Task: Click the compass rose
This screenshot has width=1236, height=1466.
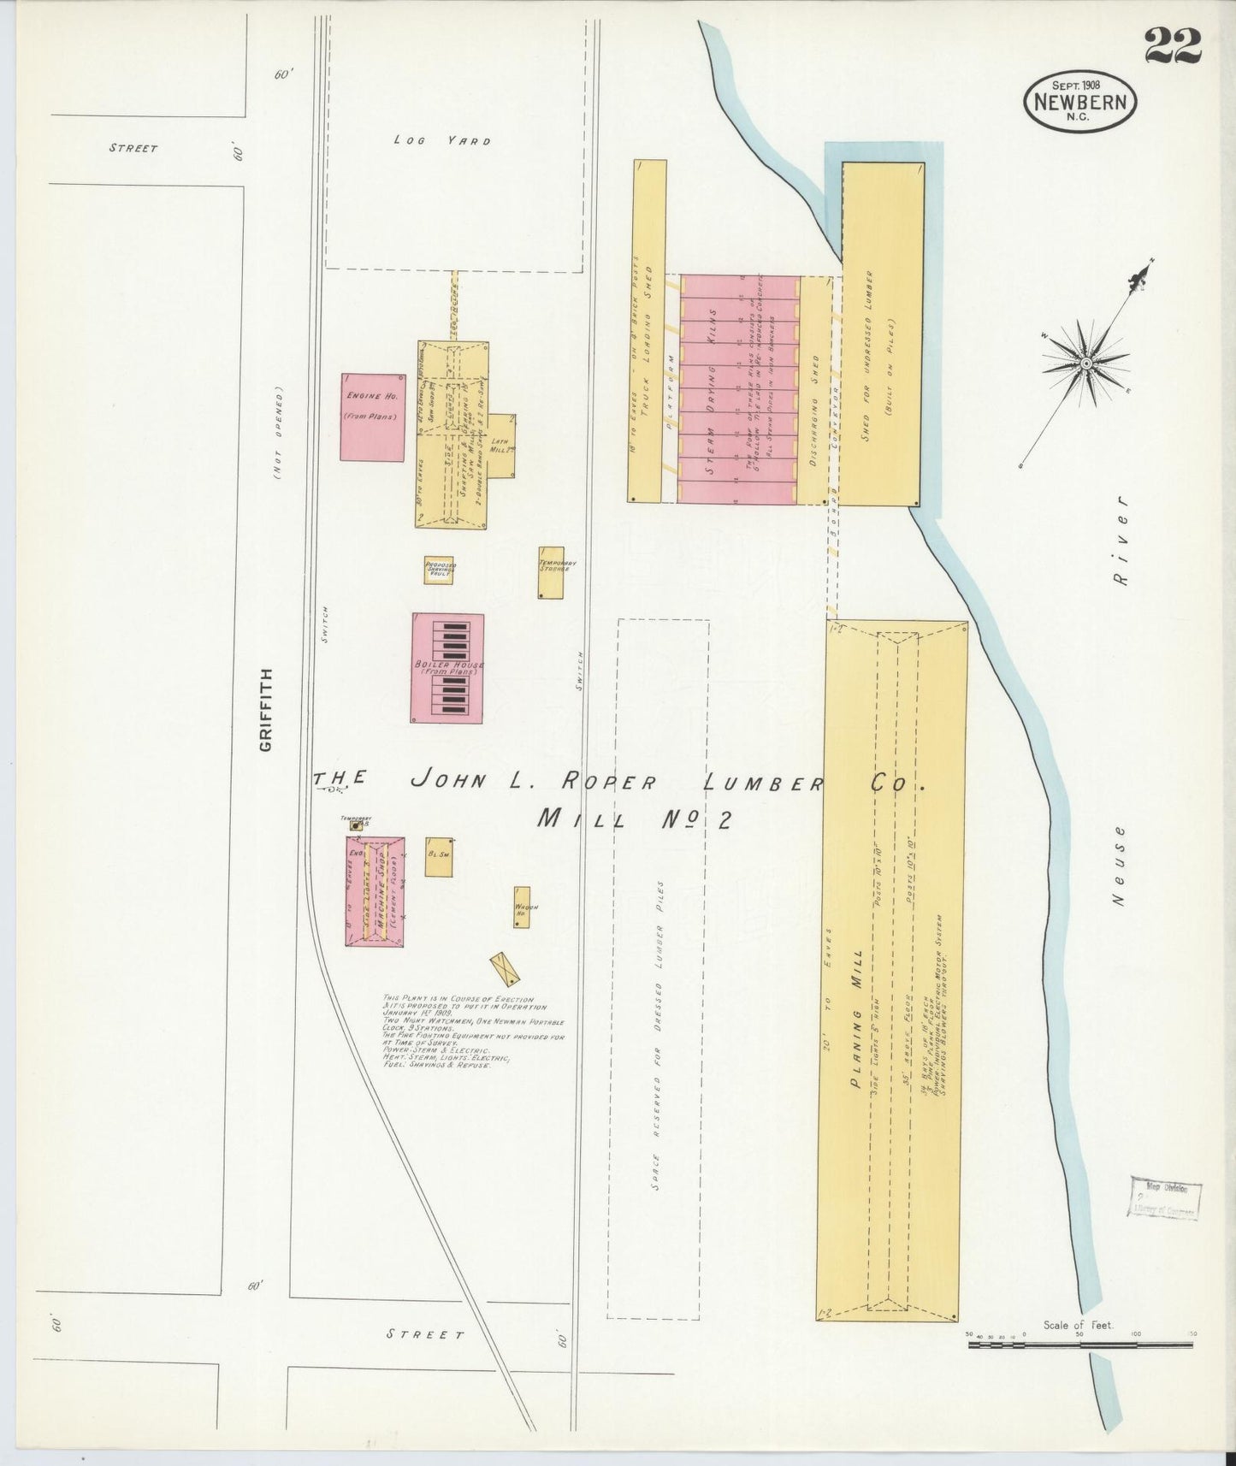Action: pyautogui.click(x=1085, y=363)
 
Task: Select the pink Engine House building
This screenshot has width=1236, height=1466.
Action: pyautogui.click(x=372, y=417)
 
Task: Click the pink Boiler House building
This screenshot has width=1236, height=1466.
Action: pyautogui.click(x=447, y=668)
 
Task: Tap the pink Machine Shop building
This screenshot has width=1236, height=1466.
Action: pyautogui.click(x=375, y=890)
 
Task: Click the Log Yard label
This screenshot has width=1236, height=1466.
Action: pyautogui.click(x=442, y=140)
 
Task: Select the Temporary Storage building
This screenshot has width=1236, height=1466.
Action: pyautogui.click(x=551, y=572)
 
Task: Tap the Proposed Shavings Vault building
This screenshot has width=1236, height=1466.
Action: pyautogui.click(x=439, y=570)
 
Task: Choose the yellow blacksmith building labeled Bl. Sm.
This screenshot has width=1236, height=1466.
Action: pyautogui.click(x=439, y=856)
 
